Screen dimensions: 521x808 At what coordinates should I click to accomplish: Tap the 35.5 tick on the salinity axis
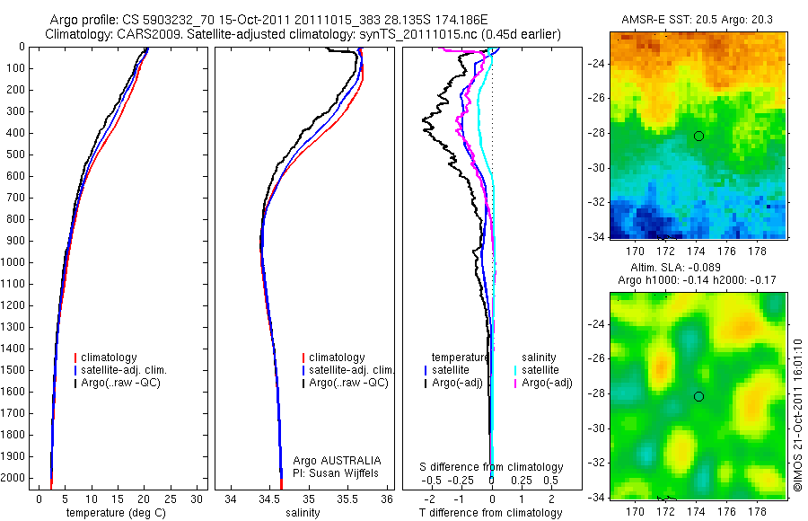[348, 499]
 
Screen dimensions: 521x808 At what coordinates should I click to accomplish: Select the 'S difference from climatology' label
[492, 467]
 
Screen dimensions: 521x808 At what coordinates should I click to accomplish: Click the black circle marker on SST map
[698, 136]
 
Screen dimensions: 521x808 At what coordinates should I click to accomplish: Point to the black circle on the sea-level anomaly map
[698, 396]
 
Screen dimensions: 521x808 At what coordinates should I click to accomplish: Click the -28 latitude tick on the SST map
[595, 133]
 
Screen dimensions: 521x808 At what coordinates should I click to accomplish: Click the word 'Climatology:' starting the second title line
[76, 34]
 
